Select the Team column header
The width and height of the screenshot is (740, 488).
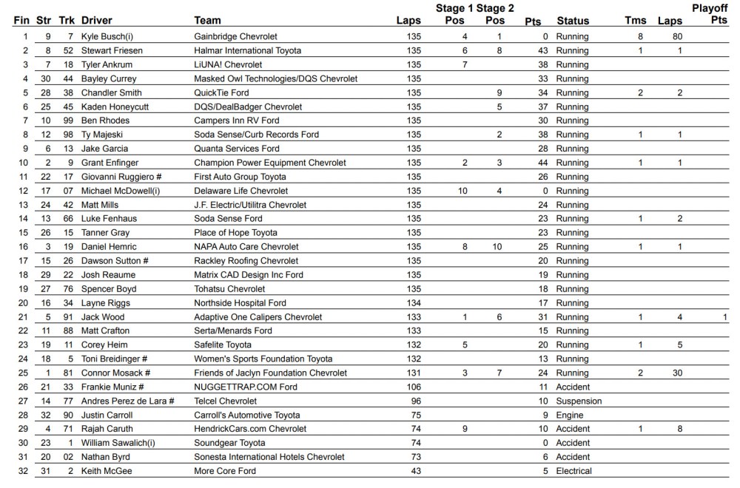(207, 20)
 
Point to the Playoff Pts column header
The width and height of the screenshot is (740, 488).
(714, 14)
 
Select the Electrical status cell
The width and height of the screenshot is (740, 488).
(574, 471)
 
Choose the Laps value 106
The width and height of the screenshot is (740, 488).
(414, 387)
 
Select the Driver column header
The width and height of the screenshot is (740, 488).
(96, 20)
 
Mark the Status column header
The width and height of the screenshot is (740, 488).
(573, 20)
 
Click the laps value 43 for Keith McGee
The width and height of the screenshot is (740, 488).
(416, 471)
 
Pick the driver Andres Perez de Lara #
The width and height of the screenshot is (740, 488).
(127, 401)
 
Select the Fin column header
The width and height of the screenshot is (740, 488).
(21, 20)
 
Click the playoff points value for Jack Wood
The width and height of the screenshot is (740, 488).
(726, 317)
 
